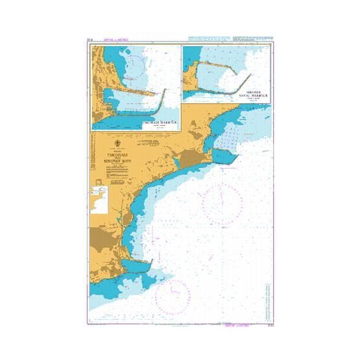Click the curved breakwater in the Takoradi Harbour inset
163,104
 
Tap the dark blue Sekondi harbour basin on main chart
224,156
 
